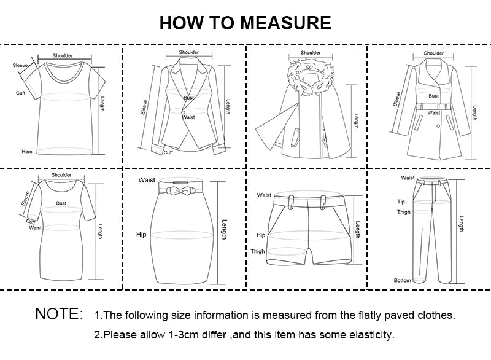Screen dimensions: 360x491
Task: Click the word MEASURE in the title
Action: coord(285,23)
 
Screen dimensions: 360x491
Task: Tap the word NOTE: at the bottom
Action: coord(59,315)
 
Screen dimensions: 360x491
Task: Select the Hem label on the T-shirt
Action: coord(26,151)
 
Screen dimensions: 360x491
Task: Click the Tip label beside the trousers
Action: coord(401,201)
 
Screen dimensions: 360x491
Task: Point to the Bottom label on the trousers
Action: coord(402,280)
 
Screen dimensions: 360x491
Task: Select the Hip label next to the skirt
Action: coord(141,235)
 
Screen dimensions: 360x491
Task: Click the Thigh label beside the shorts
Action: coord(258,251)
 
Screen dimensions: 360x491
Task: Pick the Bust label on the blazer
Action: coord(188,98)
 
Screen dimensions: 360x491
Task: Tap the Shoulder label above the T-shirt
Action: coord(62,56)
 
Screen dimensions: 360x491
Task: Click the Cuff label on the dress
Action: coord(31,222)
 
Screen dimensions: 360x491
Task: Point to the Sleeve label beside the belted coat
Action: coord(397,98)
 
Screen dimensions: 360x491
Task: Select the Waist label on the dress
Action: coord(36,228)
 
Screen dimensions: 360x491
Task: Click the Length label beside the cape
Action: coord(356,121)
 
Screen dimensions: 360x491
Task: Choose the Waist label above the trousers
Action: coord(408,178)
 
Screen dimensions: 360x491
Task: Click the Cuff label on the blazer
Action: coord(168,152)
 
